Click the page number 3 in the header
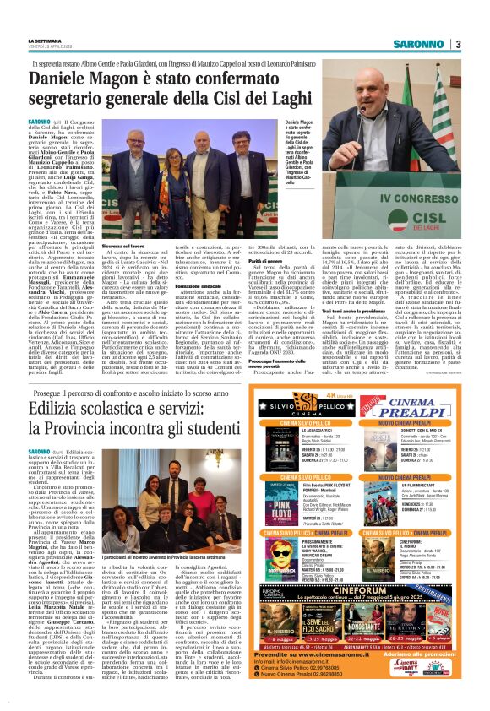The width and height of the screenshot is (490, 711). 457,44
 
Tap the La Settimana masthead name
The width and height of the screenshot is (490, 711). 45,41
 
